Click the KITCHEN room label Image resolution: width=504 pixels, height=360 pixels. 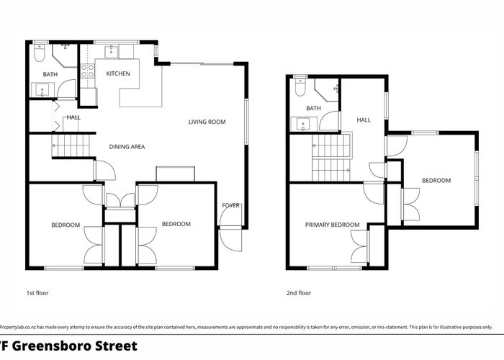click(117, 74)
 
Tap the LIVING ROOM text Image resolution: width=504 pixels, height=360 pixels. click(207, 122)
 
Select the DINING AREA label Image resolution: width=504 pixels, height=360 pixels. click(127, 147)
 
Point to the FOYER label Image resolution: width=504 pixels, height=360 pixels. click(230, 206)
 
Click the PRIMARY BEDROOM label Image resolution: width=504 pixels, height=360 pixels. click(331, 225)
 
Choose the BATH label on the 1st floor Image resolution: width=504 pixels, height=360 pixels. click(50, 74)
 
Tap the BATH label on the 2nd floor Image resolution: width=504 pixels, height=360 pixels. click(313, 109)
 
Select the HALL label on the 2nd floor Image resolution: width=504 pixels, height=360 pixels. click(364, 120)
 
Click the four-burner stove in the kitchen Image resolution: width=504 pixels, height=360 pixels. click(87, 71)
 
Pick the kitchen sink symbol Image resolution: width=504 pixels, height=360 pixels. click(112, 51)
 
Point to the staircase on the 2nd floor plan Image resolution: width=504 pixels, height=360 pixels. click(330, 158)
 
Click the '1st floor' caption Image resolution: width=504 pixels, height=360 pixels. click(37, 293)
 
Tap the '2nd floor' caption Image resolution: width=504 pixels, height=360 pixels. click(299, 293)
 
